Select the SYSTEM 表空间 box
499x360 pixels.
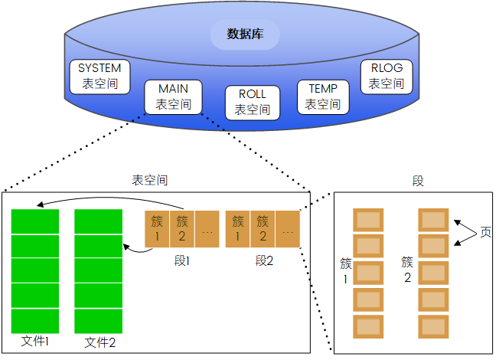tap(99, 76)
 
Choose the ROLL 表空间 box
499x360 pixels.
tap(252, 102)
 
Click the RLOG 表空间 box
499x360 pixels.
tap(386, 75)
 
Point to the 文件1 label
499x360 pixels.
tap(35, 341)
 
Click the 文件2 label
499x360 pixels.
tap(99, 342)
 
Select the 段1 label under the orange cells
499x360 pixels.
tap(182, 260)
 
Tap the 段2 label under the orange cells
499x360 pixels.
tap(263, 260)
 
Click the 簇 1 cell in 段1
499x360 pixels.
tap(157, 228)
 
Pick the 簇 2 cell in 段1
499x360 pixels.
tap(182, 228)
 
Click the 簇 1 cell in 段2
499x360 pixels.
tap(238, 228)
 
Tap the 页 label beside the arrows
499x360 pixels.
tap(485, 232)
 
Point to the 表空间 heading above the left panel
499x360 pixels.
tap(150, 181)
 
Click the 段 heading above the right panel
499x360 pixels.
tap(418, 181)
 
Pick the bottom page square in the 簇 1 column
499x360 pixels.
tap(367, 326)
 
